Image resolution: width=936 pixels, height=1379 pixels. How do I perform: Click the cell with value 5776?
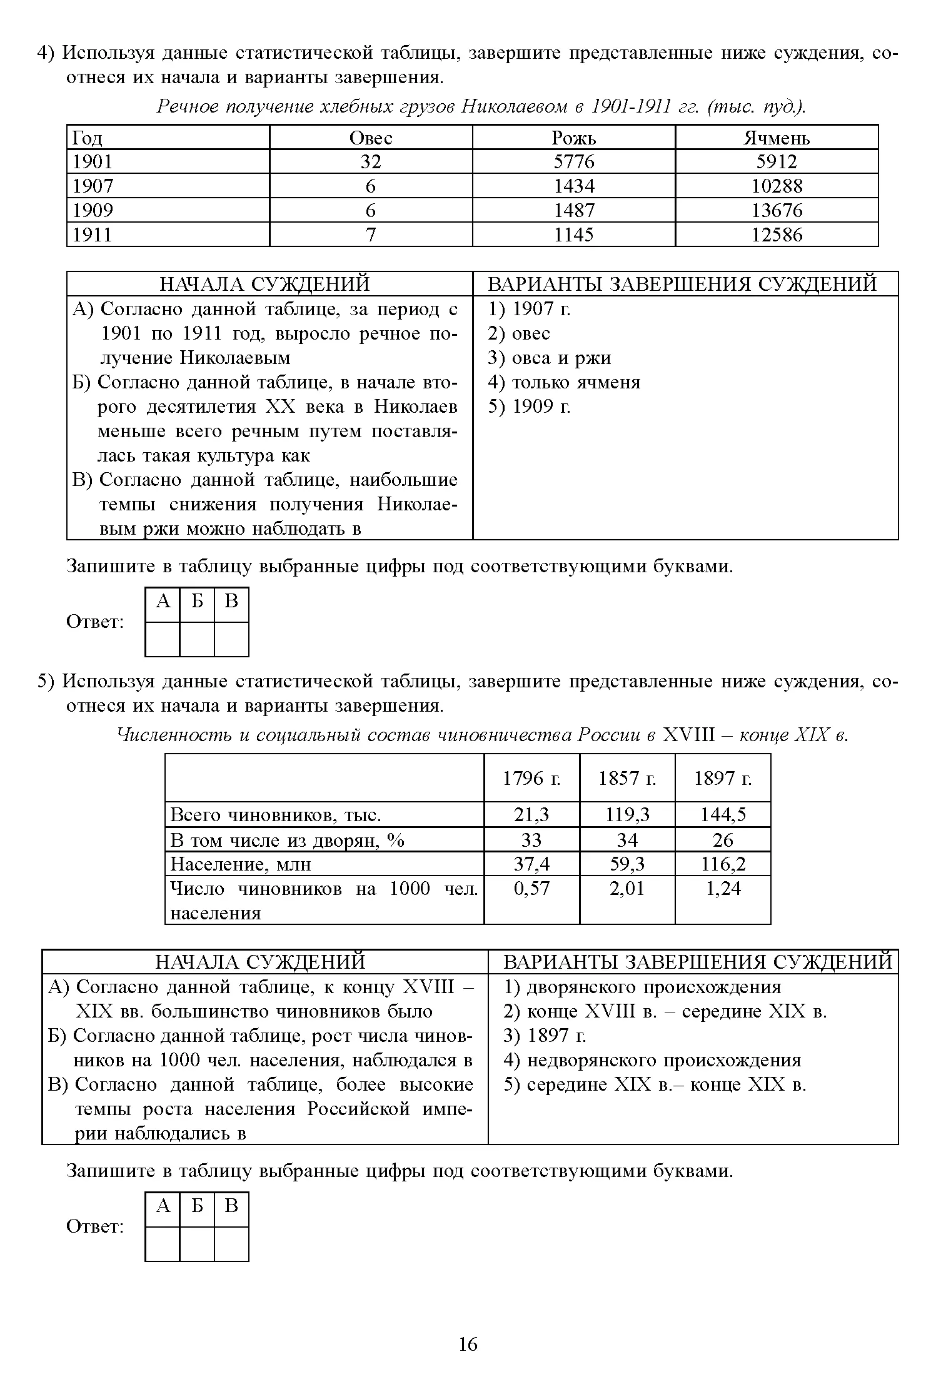click(x=573, y=162)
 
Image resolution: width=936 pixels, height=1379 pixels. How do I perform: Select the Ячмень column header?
click(x=776, y=138)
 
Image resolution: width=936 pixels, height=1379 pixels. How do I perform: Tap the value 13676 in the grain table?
click(x=777, y=210)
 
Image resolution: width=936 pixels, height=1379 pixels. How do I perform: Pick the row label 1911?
click(x=93, y=235)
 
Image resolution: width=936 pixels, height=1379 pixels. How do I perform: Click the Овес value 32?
click(x=370, y=162)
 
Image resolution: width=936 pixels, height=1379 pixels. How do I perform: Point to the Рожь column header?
click(x=573, y=138)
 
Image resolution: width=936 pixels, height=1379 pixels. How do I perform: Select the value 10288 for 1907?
click(x=777, y=186)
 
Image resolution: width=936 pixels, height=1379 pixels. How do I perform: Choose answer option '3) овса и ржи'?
click(x=549, y=358)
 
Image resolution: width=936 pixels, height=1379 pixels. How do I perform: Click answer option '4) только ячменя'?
click(x=564, y=382)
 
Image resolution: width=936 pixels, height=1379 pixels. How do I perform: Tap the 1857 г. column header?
click(x=627, y=779)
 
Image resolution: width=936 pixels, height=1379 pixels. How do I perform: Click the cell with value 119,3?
click(x=627, y=814)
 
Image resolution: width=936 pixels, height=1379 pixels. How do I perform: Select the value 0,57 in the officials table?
click(x=531, y=888)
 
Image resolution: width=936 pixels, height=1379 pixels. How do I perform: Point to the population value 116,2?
click(x=723, y=864)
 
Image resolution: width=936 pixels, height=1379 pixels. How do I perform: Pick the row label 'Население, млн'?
click(x=241, y=864)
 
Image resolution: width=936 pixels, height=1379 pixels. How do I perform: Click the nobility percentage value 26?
click(x=723, y=839)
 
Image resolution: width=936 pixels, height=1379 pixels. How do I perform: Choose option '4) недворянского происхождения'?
click(x=652, y=1060)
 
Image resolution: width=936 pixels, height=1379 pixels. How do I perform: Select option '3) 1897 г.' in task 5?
click(x=545, y=1036)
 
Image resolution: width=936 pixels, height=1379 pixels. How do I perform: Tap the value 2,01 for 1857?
click(x=627, y=888)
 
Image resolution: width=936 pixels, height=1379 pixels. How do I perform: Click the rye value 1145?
click(x=573, y=235)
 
